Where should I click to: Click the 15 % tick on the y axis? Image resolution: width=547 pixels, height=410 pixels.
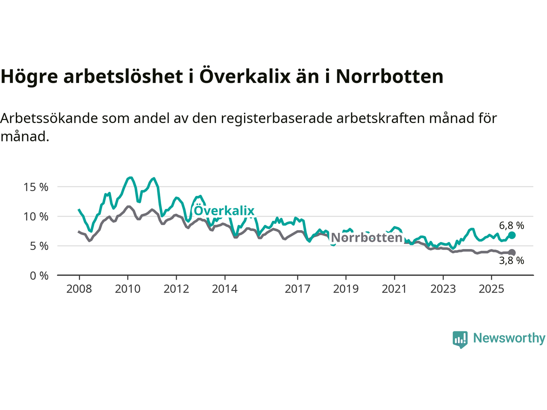point(36,187)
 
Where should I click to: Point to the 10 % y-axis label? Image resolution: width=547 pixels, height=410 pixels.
point(36,217)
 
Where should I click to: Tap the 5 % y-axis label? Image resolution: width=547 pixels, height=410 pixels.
point(39,246)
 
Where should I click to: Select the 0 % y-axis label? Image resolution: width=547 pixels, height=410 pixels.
point(39,276)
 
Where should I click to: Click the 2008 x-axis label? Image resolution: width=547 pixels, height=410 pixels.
point(79,289)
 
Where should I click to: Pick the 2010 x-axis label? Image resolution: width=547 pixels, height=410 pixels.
point(128,289)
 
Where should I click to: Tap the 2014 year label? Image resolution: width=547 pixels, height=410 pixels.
point(225,289)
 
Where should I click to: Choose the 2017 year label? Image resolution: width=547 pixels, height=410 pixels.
point(297,289)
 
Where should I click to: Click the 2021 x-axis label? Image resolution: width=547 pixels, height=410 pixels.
point(394,289)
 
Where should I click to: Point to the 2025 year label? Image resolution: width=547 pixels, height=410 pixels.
point(491,289)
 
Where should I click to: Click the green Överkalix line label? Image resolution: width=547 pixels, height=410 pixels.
point(224,211)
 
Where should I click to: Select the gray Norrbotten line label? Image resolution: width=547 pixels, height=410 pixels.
point(367,237)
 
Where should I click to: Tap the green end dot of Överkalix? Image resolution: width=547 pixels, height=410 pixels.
point(512,235)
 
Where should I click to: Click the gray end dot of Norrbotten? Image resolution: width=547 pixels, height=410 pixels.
point(512,252)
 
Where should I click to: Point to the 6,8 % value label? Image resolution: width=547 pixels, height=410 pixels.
point(512,225)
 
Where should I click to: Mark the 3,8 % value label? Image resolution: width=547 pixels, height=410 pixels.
point(512,261)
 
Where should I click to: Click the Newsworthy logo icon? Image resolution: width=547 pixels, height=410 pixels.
point(460,340)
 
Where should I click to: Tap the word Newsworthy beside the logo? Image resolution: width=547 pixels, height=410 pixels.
point(509,338)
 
